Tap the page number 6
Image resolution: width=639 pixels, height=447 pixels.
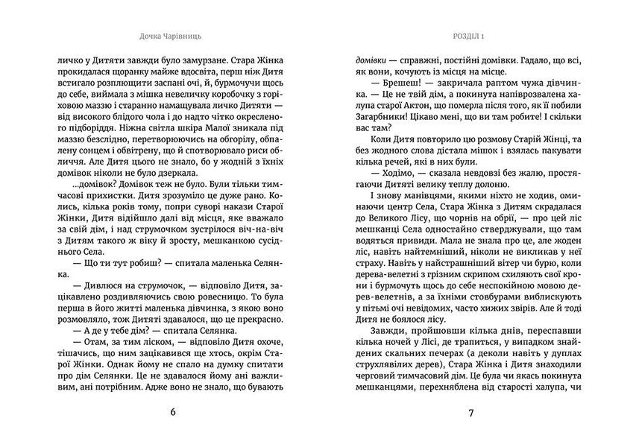(174, 412)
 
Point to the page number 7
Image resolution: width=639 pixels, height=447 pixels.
(470, 412)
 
